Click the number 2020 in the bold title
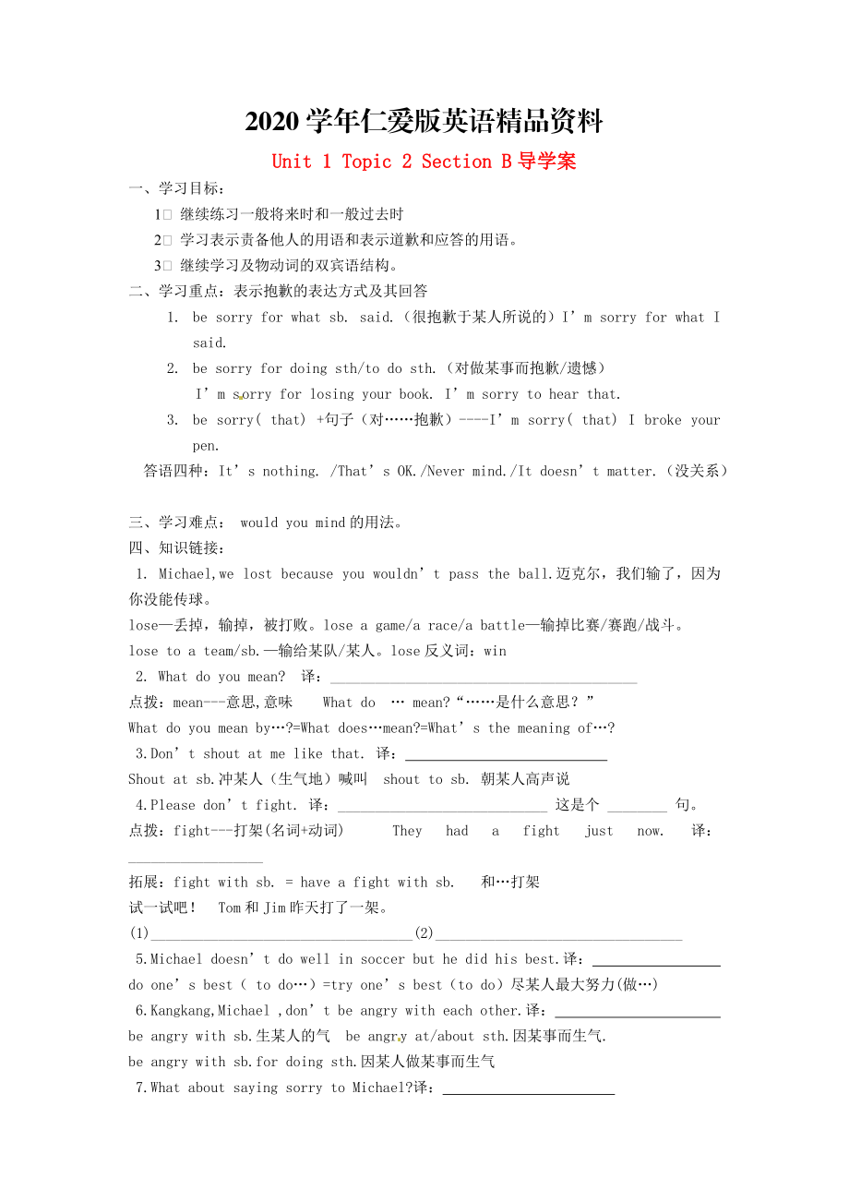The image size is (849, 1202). point(273,121)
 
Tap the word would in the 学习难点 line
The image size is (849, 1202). point(258,523)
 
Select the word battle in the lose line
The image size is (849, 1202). point(503,625)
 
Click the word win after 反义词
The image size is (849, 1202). point(495,651)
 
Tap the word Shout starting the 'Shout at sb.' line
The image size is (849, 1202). point(147,779)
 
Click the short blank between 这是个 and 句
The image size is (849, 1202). point(637,806)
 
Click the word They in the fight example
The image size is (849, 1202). point(407,831)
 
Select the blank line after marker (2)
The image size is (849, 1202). point(558,934)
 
